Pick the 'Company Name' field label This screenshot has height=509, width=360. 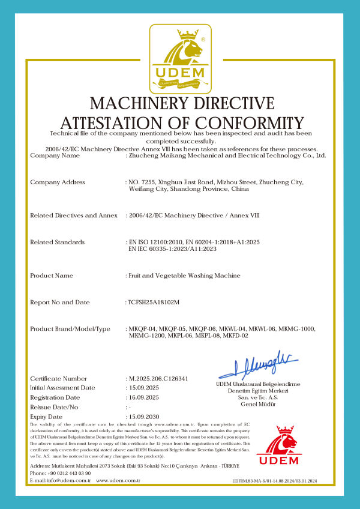(x=55, y=155)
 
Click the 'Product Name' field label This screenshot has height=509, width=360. (x=52, y=276)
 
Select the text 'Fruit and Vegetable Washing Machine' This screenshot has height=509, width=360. (x=184, y=276)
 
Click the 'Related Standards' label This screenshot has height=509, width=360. (x=57, y=242)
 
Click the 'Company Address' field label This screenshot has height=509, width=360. (x=58, y=182)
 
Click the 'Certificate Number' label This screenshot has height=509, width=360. (x=58, y=379)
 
